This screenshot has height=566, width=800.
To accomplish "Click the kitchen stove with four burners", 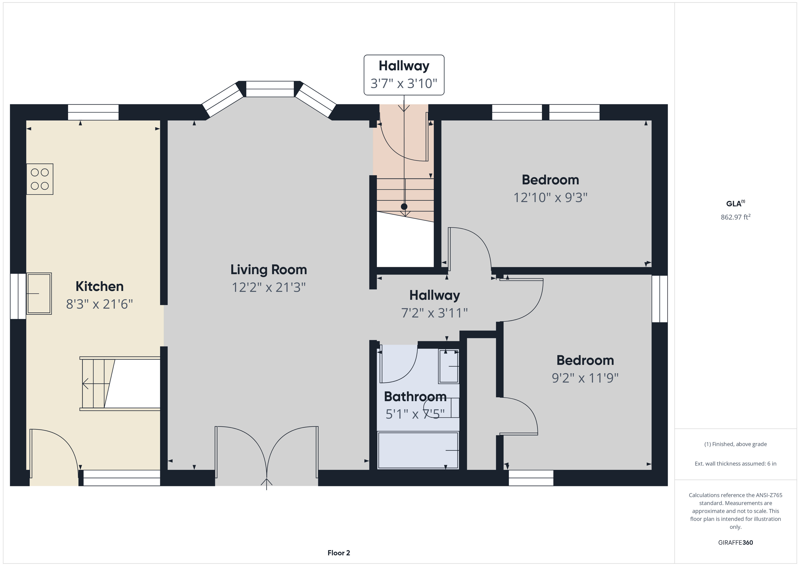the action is pos(40,179).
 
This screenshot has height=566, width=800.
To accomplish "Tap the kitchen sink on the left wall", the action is pos(39,294).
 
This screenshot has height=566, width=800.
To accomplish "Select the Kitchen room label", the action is pos(100,287).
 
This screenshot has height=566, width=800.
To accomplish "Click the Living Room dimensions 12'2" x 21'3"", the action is pos(269,288).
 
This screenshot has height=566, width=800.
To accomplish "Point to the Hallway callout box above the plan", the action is pos(404,75).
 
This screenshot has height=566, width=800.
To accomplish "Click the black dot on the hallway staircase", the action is pos(404,206).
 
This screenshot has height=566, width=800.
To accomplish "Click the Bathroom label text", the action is pos(415,397).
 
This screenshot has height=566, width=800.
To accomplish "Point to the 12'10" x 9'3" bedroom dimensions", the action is pos(551,198).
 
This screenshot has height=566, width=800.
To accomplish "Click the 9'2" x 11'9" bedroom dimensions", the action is pos(585,378).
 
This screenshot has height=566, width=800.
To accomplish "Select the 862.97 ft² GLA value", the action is pos(735,217).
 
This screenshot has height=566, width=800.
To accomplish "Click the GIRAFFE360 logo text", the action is pos(735,543).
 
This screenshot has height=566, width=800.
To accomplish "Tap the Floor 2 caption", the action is pos(339,553).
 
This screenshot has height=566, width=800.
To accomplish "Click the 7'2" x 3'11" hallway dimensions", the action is pos(434,313).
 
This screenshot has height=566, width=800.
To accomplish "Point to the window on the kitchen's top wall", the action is pos(93,112).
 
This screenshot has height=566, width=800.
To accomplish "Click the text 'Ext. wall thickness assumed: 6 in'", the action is pos(735,464).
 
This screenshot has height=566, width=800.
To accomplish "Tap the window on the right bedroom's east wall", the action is pos(660,299).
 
